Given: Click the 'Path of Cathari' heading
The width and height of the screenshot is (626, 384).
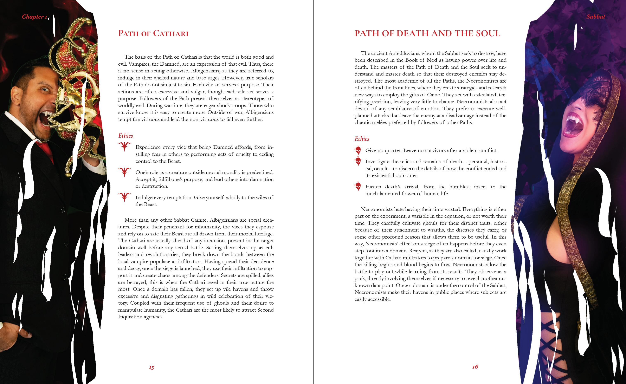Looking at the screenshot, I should (x=153, y=33).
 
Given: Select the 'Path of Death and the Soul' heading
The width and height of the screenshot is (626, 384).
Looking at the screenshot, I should (x=427, y=33).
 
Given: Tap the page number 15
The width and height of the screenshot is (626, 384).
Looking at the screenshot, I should (x=151, y=367).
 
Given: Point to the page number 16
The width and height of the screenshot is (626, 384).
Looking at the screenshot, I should (x=475, y=366).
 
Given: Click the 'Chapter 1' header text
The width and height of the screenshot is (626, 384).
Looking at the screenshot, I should (x=34, y=17).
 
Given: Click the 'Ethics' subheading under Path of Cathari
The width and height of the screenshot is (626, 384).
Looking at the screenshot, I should (x=125, y=136).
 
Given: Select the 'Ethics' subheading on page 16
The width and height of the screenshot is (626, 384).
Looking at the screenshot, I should (x=362, y=139).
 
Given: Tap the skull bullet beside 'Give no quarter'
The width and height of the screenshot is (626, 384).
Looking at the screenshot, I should (x=358, y=150).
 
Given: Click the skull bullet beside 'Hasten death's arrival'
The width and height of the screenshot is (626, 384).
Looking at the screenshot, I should (x=358, y=186).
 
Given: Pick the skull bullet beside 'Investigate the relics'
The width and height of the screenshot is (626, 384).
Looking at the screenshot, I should (x=358, y=161).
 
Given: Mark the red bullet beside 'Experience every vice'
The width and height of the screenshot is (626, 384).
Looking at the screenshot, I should (x=124, y=147).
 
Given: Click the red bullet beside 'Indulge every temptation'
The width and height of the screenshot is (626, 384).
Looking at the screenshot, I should (x=124, y=197).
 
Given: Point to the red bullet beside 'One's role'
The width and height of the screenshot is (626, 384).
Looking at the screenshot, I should (x=124, y=172).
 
